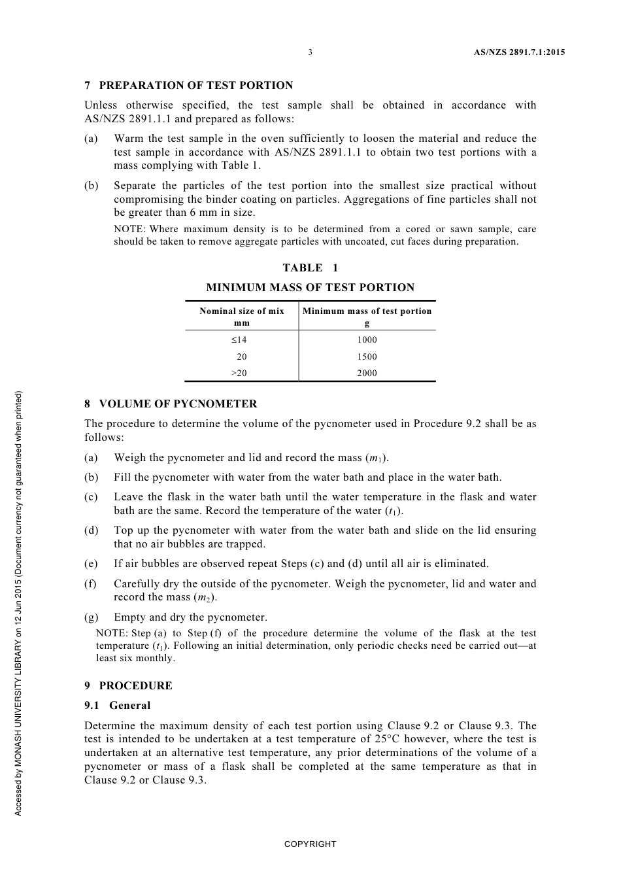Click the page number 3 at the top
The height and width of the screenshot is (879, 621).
(310, 52)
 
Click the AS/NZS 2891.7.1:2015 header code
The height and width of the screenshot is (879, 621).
(519, 52)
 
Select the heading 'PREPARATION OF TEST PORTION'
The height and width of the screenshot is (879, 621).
(195, 85)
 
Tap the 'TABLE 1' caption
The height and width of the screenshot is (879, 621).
(310, 267)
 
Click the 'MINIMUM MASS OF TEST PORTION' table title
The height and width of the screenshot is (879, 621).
(310, 287)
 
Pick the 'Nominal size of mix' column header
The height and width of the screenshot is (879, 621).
(242, 311)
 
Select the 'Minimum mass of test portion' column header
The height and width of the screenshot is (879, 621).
(367, 311)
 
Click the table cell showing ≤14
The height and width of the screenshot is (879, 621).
(239, 339)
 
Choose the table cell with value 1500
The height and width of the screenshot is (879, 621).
(367, 356)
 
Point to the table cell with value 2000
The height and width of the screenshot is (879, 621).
(367, 373)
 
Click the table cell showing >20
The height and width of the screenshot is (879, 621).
(239, 373)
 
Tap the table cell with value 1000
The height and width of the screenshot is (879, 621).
(367, 339)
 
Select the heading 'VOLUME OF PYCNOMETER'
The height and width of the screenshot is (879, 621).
(178, 404)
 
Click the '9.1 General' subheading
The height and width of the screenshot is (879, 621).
(118, 705)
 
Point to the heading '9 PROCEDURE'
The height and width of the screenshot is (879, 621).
(128, 685)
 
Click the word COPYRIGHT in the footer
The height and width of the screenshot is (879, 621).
(310, 844)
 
